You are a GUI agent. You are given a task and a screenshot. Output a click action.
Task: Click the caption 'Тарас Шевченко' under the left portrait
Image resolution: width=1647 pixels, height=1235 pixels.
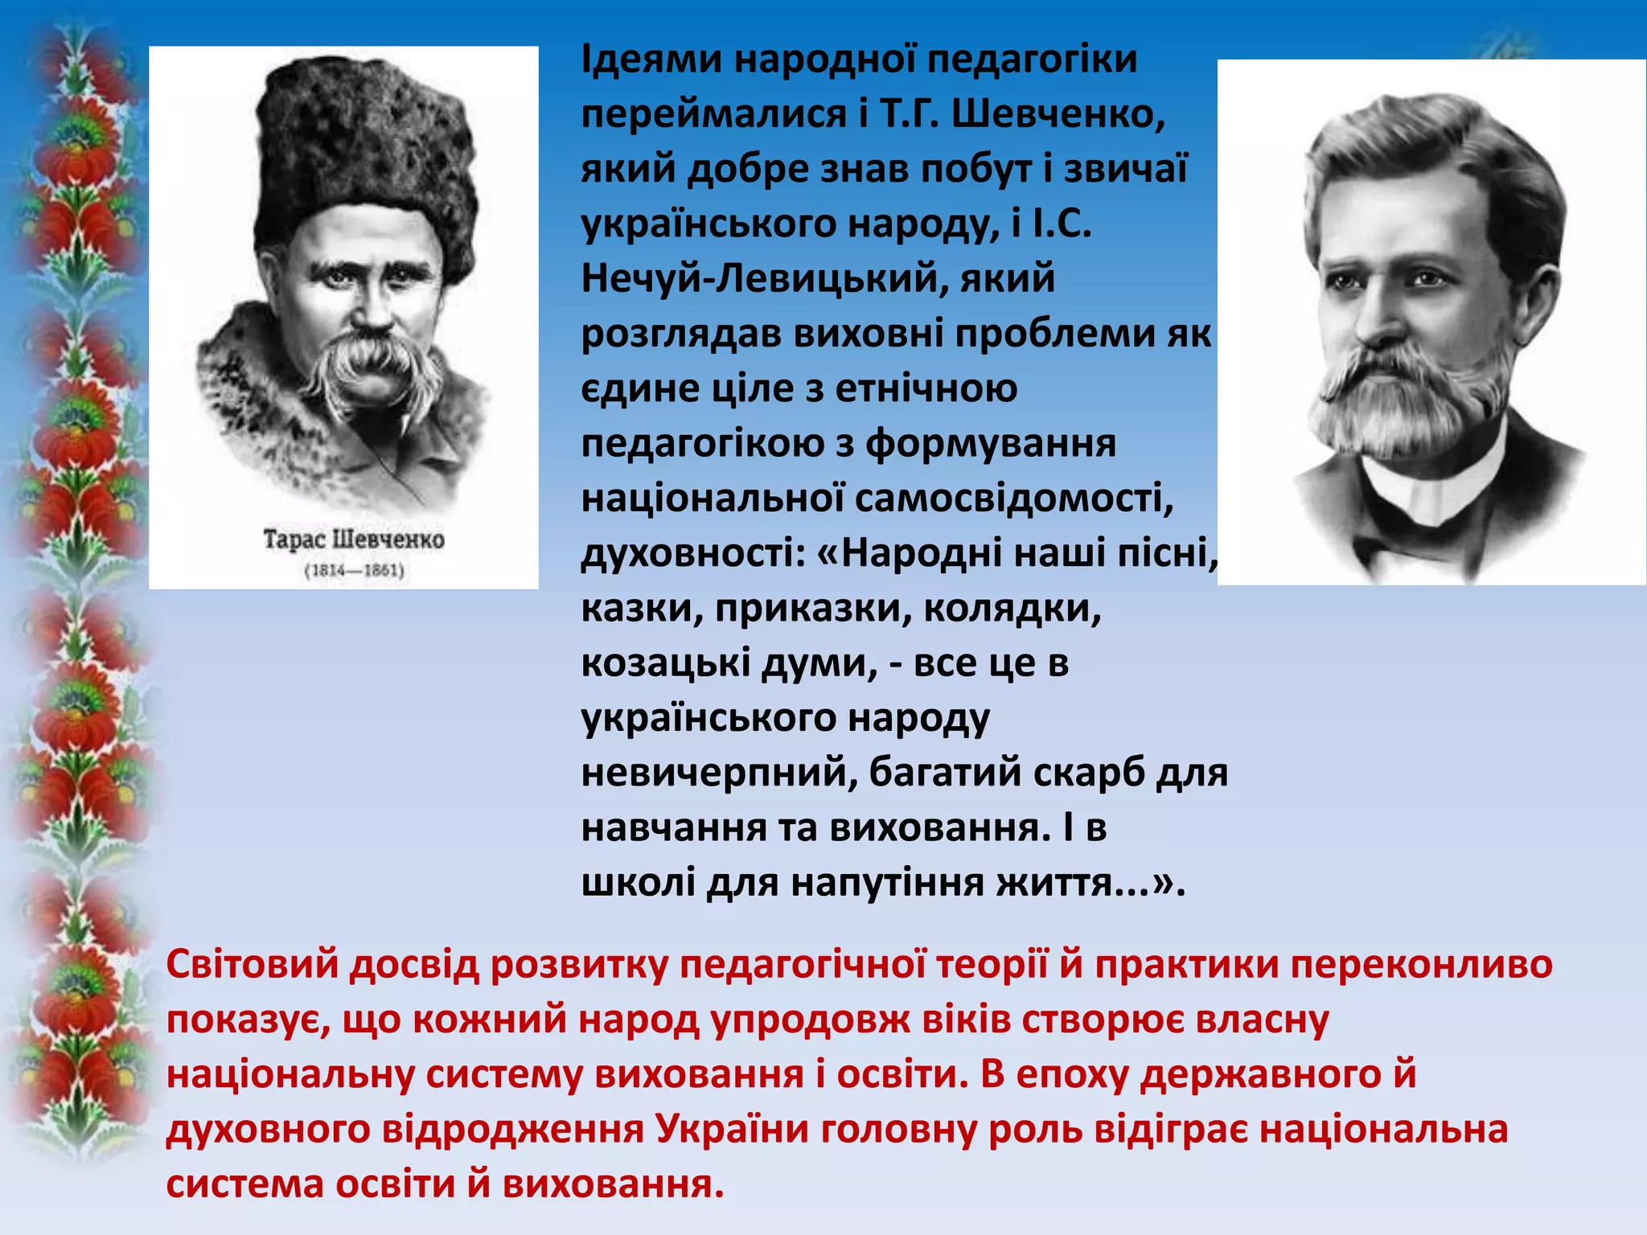click(354, 539)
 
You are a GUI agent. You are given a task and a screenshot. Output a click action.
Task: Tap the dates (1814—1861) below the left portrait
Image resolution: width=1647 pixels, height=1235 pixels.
click(354, 571)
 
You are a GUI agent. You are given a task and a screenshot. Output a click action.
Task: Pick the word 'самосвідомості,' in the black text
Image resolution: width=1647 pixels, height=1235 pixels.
click(1014, 499)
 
